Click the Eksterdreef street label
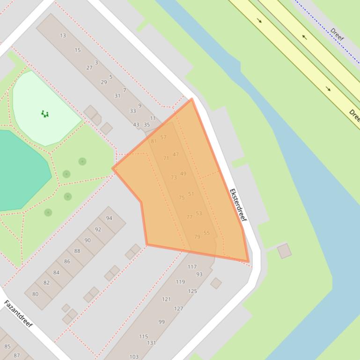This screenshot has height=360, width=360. pyautogui.click(x=238, y=205)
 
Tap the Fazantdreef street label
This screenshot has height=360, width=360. pyautogui.click(x=18, y=314)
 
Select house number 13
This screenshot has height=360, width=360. pyautogui.click(x=63, y=36)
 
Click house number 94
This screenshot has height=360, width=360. pyautogui.click(x=109, y=218)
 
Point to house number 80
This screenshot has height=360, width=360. pyautogui.click(x=35, y=294)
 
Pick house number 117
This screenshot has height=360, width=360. pyautogui.click(x=192, y=267)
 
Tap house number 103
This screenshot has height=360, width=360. pyautogui.click(x=134, y=357)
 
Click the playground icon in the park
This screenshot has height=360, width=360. pyautogui.click(x=44, y=113)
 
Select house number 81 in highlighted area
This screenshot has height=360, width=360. pyautogui.click(x=154, y=141)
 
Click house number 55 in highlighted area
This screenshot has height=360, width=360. pyautogui.click(x=206, y=233)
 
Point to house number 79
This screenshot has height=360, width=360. pyautogui.click(x=197, y=237)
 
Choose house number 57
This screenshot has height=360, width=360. pyautogui.click(x=163, y=137)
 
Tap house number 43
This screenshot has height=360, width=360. pyautogui.click(x=136, y=125)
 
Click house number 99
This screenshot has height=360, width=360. pyautogui.click(x=162, y=322)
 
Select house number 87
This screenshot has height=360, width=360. pyautogui.click(x=17, y=355)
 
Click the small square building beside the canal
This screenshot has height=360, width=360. pyautogui.click(x=284, y=251)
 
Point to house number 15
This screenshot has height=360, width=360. pyautogui.click(x=78, y=50)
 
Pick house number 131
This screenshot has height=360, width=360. pyautogui.click(x=151, y=343)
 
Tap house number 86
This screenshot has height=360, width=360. pyautogui.click(x=67, y=262)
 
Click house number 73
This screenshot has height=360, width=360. pyautogui.click(x=174, y=178)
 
